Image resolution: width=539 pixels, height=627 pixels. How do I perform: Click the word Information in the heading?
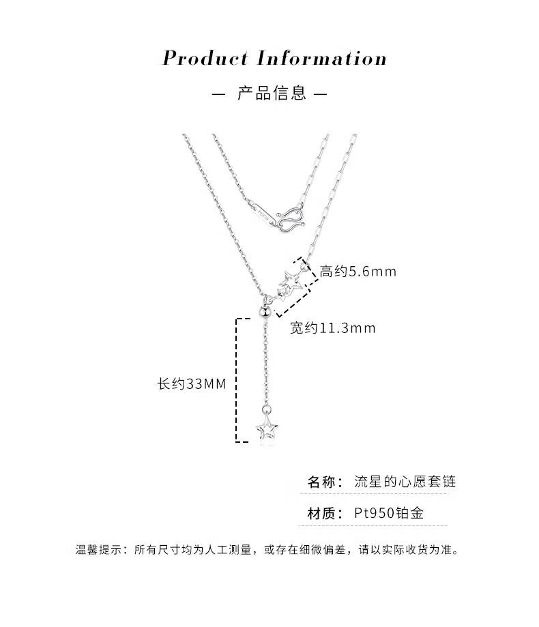point(321,58)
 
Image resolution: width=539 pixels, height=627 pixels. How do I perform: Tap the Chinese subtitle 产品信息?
point(272,93)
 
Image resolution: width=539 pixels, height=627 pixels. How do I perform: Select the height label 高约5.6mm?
point(358,272)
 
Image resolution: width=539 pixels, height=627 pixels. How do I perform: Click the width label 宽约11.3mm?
point(333,328)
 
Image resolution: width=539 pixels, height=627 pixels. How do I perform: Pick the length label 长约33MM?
point(191,384)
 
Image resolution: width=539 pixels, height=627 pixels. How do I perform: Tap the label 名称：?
point(325,482)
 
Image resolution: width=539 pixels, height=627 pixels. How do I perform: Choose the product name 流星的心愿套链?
point(405,482)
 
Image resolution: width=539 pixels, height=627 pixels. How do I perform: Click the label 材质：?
point(325,513)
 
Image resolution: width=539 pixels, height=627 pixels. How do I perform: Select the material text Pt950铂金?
point(389,513)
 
